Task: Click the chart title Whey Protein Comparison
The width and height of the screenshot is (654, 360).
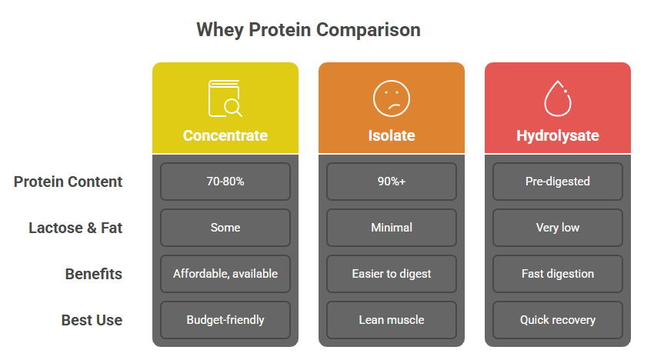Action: click(x=309, y=30)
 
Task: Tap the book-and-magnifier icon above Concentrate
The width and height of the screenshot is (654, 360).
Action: click(x=225, y=98)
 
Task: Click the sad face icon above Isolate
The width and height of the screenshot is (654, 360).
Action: click(x=391, y=98)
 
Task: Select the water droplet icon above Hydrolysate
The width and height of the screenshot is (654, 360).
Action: click(x=558, y=98)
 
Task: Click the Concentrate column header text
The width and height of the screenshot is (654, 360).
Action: click(x=225, y=135)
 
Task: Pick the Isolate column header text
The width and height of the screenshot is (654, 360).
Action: click(x=391, y=135)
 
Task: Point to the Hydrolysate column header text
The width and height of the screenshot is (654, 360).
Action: click(x=558, y=136)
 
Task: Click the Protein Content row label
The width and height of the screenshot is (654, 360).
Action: click(x=68, y=182)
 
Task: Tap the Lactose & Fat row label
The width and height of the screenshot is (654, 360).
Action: click(x=75, y=228)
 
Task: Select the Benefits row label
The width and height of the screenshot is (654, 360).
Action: click(x=94, y=274)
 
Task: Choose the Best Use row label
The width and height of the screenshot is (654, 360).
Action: click(x=92, y=320)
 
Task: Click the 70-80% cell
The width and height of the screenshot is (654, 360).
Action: click(x=225, y=182)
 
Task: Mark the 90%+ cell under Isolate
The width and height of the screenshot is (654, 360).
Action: click(x=391, y=182)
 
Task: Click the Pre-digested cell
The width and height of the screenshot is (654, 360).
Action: click(x=558, y=182)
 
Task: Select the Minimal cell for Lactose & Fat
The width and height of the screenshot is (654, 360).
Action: click(x=391, y=228)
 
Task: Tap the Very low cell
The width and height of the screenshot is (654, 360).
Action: click(x=558, y=228)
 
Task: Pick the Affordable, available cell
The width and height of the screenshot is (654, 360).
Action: click(x=225, y=274)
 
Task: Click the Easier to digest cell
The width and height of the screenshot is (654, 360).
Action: click(x=391, y=274)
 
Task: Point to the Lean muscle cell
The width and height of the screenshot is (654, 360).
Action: click(x=391, y=320)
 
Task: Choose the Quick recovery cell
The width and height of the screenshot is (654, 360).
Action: click(x=558, y=320)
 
